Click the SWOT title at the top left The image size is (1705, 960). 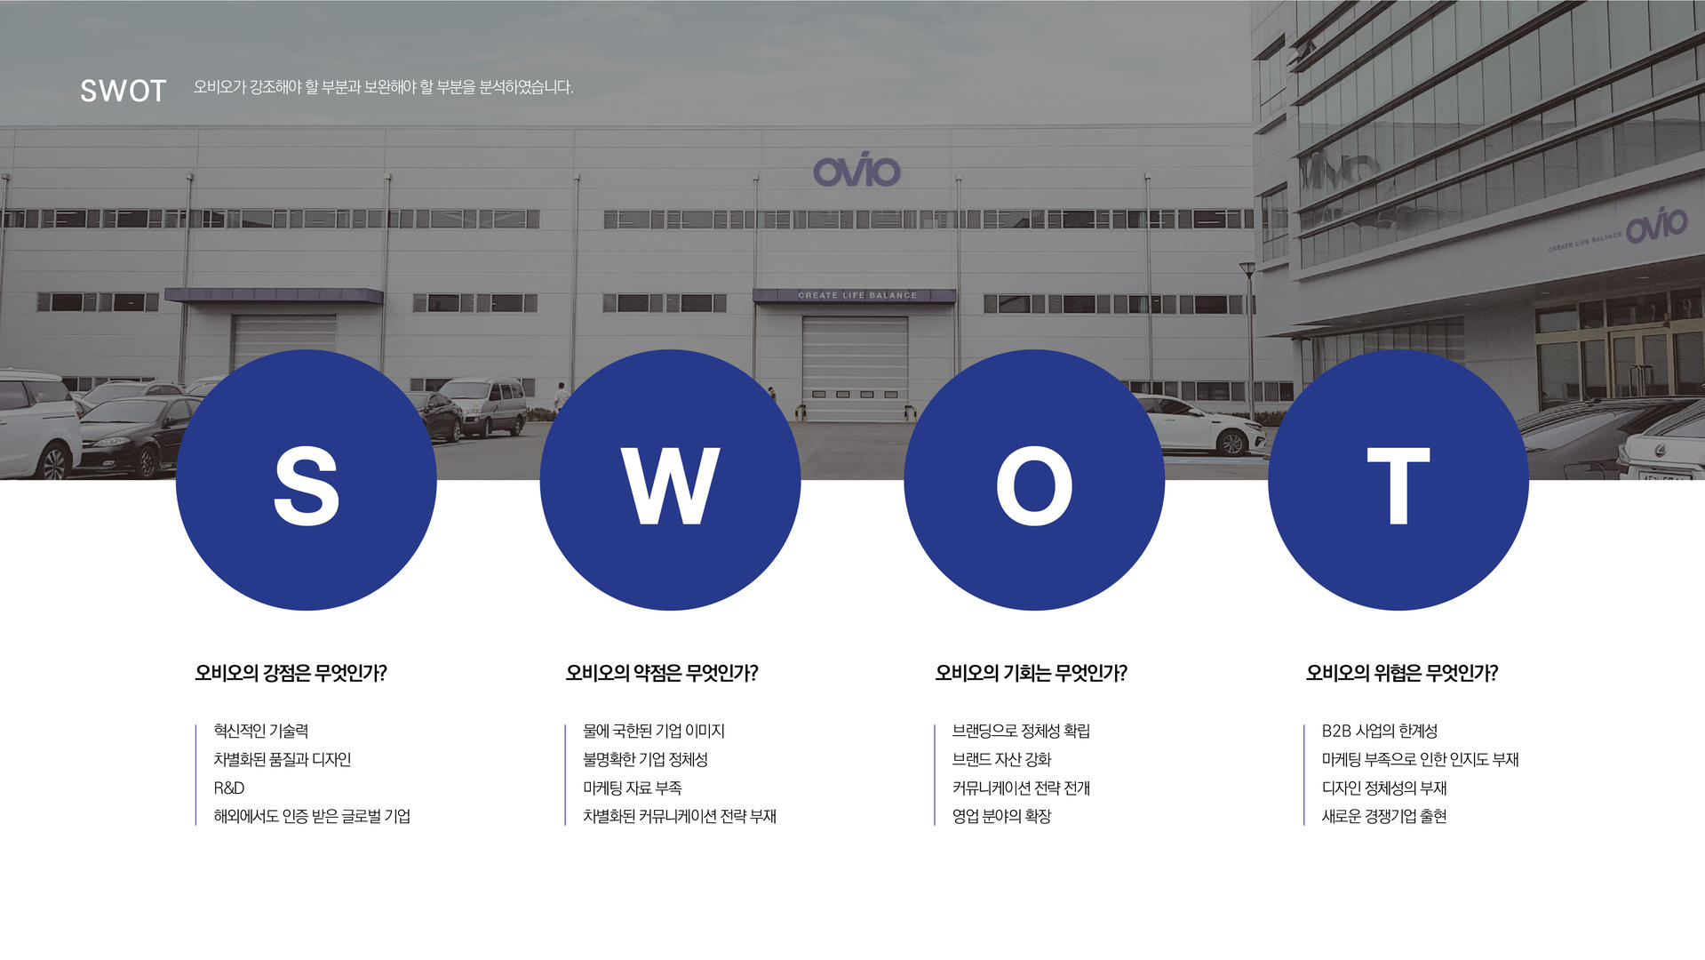[123, 91]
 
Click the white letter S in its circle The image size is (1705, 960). [307, 485]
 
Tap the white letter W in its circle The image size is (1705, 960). [670, 485]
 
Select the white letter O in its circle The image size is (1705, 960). [1034, 485]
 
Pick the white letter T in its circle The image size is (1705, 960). [1398, 485]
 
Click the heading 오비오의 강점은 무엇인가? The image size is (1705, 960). [291, 673]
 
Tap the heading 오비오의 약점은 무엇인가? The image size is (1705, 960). [662, 673]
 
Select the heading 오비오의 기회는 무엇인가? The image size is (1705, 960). [1031, 673]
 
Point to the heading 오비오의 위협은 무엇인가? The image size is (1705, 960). [1402, 673]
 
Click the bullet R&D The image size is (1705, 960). [229, 788]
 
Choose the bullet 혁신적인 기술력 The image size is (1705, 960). [261, 731]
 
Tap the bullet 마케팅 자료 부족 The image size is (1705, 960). [633, 788]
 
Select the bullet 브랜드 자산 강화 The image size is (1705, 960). [1002, 759]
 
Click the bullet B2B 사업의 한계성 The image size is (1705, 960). [1380, 731]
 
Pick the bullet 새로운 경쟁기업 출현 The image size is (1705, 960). [1384, 816]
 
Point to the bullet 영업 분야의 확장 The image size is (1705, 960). [1002, 816]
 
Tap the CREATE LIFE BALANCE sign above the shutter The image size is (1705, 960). [857, 295]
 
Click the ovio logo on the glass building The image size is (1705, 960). [1657, 225]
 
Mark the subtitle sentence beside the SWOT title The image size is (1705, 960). [384, 87]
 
